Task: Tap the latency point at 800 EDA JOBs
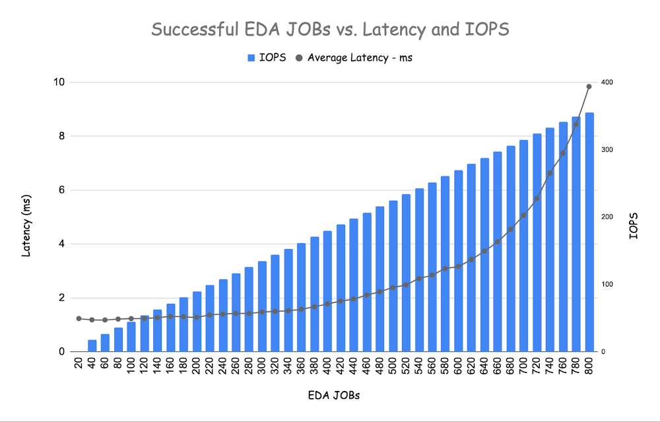[x=589, y=87]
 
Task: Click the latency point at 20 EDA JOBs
[x=79, y=318]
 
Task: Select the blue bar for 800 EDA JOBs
[x=589, y=231]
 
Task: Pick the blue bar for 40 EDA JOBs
[x=92, y=345]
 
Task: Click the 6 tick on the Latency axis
[x=61, y=190]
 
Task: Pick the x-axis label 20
[x=79, y=365]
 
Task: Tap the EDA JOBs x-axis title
[x=333, y=396]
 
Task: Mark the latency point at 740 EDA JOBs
[x=550, y=173]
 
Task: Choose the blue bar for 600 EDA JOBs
[x=458, y=261]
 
